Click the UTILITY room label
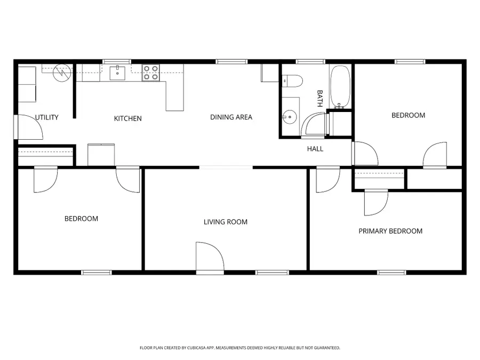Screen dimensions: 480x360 46,117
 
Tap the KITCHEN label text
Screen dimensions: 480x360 127,118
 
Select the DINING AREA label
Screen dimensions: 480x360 231,117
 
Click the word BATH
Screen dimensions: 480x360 319,99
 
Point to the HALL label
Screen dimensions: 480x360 315,149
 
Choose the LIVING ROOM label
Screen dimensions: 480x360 226,222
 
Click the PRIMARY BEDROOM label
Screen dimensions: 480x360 390,231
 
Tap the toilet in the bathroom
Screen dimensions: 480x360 292,81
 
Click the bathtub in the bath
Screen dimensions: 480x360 340,86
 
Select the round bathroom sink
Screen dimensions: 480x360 289,117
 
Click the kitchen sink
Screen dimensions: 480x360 117,73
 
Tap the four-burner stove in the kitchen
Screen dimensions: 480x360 150,73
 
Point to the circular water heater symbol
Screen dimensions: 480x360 62,73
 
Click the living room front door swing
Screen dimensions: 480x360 210,257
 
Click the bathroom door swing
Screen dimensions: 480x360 313,124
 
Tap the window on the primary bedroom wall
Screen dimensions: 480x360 391,273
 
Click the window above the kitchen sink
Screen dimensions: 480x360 117,62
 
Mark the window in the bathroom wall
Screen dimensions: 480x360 310,62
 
